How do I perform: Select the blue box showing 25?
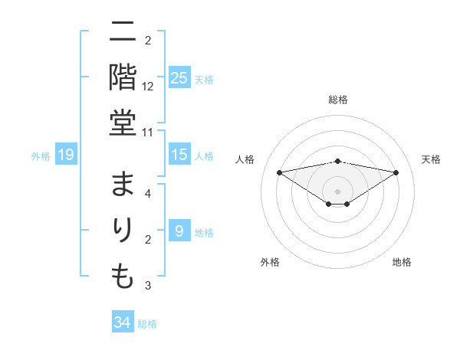click(179, 77)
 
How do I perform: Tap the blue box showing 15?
click(179, 155)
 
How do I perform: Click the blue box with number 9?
click(179, 231)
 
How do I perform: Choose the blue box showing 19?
click(66, 155)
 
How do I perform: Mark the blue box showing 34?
click(123, 322)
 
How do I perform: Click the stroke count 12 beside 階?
click(148, 87)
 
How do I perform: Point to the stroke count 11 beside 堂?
click(148, 133)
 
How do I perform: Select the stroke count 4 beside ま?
click(148, 194)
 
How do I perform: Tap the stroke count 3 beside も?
click(148, 286)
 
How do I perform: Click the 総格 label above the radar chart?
click(338, 100)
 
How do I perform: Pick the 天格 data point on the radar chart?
click(396, 172)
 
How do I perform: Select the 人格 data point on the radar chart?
click(279, 172)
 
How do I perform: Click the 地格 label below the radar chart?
click(402, 262)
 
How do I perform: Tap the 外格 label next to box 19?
click(41, 156)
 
